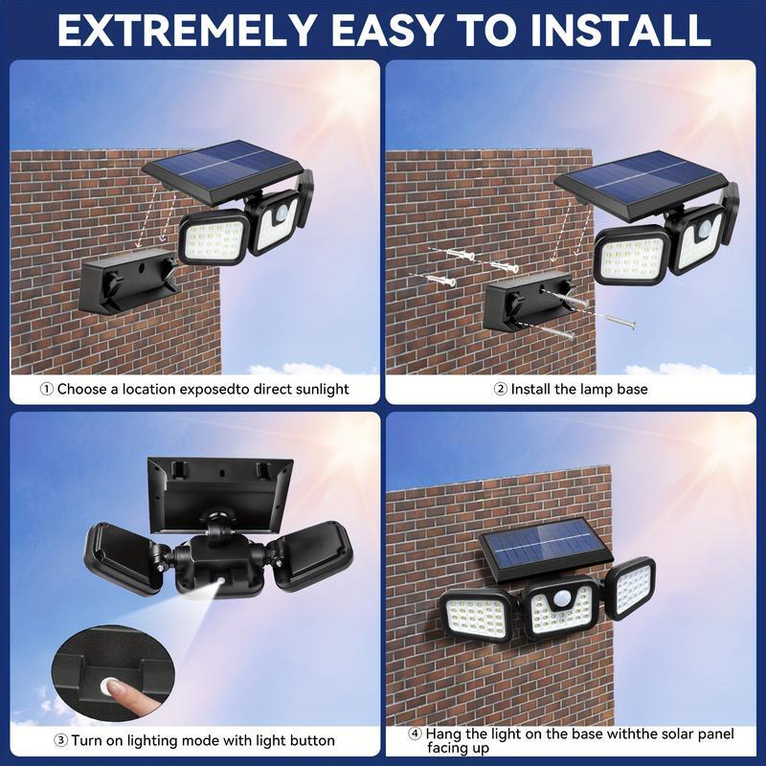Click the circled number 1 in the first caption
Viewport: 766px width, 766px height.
point(47,390)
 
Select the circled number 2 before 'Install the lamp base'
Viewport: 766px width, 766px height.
point(500,390)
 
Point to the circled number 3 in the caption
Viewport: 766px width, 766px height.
point(60,740)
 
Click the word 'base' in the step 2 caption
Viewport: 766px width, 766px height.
point(631,390)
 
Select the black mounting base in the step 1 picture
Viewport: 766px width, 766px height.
point(128,282)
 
